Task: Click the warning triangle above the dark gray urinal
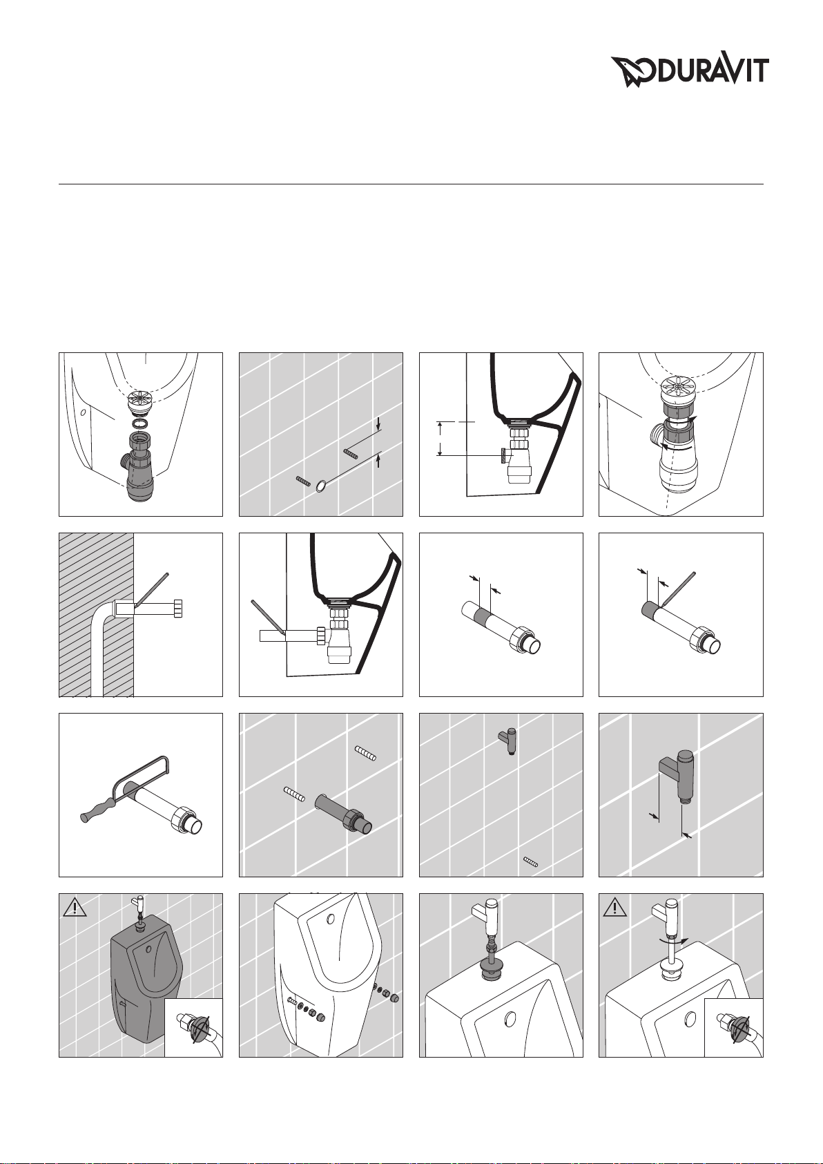(x=75, y=908)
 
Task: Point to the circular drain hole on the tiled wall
(x=321, y=486)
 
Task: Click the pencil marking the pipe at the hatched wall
(x=151, y=590)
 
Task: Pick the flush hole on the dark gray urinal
(x=149, y=950)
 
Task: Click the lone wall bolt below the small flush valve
(x=531, y=863)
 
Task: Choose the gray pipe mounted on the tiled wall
(x=345, y=814)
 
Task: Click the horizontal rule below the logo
(x=411, y=184)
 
